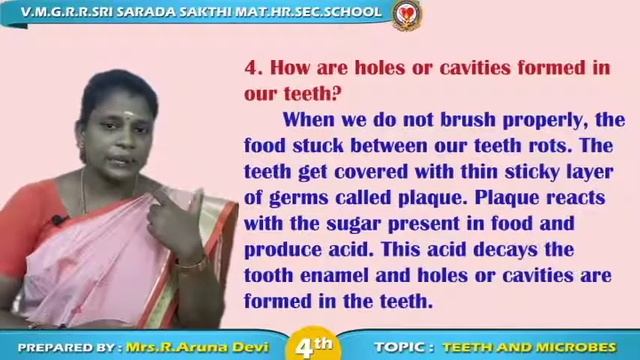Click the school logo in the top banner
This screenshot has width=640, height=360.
(x=406, y=14)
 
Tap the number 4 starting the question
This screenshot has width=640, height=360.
(x=252, y=69)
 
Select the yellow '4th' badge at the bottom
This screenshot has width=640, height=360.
(x=314, y=346)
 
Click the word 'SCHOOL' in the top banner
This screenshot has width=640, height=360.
(x=353, y=12)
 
